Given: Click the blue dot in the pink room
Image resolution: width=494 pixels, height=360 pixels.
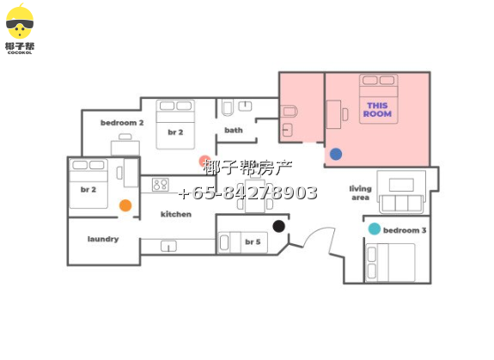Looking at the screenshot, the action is pyautogui.click(x=336, y=154).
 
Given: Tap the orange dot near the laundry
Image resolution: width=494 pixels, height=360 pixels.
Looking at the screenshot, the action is pyautogui.click(x=125, y=205).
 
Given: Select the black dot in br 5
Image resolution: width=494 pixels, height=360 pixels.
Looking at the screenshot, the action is pyautogui.click(x=279, y=226).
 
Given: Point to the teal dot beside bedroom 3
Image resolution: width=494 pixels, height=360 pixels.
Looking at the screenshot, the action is pyautogui.click(x=375, y=229).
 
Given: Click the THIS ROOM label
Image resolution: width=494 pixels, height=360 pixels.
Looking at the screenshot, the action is pyautogui.click(x=377, y=110).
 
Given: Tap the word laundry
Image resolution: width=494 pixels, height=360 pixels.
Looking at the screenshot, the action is pyautogui.click(x=103, y=239).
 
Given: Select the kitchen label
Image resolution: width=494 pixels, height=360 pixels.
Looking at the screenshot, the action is pyautogui.click(x=176, y=214).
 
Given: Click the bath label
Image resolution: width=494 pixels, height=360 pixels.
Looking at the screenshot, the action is pyautogui.click(x=234, y=130).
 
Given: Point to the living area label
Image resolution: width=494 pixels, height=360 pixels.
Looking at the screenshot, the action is pyautogui.click(x=361, y=192).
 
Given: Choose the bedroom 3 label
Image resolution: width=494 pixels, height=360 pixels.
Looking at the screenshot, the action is pyautogui.click(x=405, y=230).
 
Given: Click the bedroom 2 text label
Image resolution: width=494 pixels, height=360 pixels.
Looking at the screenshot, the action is pyautogui.click(x=122, y=123).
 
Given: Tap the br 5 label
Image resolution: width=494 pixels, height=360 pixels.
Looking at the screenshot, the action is pyautogui.click(x=253, y=242).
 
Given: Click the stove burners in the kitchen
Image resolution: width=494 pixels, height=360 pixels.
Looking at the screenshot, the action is pyautogui.click(x=161, y=185).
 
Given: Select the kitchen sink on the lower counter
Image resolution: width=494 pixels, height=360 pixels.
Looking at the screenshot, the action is pyautogui.click(x=169, y=246).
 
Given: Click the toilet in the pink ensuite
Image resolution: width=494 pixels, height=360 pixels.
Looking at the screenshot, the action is pyautogui.click(x=290, y=111).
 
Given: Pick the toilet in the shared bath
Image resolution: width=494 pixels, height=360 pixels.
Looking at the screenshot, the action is pyautogui.click(x=228, y=107).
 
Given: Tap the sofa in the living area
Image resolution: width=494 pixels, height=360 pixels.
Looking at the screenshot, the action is pyautogui.click(x=401, y=204).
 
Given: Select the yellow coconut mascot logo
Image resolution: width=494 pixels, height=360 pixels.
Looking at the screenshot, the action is pyautogui.click(x=20, y=21).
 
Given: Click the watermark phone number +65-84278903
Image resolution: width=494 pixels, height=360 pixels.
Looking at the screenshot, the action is pyautogui.click(x=248, y=192).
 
